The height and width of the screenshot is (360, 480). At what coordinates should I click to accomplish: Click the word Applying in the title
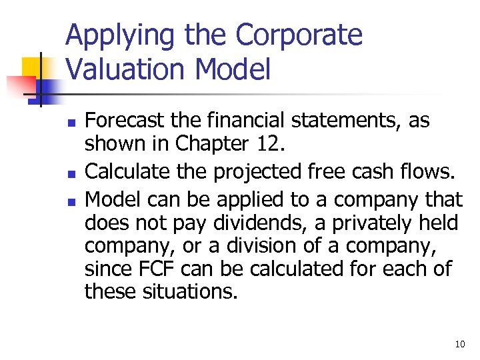(111, 36)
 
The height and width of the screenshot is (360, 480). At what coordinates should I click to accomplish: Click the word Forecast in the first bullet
(120, 121)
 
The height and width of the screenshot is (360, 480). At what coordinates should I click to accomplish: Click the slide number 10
(459, 344)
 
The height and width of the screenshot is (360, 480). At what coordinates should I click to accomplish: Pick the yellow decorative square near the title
(35, 69)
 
